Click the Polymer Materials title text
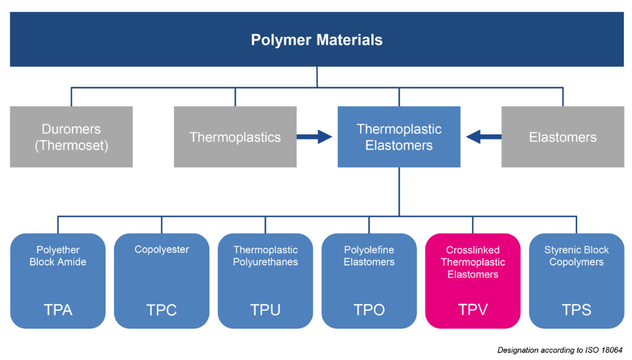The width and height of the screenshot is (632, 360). (316, 40)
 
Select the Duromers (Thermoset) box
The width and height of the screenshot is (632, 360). (71, 137)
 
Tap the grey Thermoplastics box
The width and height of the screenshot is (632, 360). (235, 137)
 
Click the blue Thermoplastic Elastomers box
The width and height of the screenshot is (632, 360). (399, 137)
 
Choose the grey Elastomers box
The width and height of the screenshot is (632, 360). (563, 137)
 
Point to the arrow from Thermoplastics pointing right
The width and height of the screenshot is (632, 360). (314, 136)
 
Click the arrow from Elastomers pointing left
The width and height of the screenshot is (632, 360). (483, 136)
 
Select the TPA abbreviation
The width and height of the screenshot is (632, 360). (58, 310)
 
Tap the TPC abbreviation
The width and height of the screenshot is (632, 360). (161, 310)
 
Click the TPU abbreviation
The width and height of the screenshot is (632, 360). (265, 310)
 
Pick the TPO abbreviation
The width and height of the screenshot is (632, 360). (369, 310)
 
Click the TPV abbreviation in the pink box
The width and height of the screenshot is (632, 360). (473, 310)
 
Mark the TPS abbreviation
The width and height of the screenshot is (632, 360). (577, 310)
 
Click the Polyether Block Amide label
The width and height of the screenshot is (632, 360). (58, 256)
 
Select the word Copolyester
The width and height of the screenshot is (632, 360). (161, 250)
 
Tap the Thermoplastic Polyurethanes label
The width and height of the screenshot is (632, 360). (265, 256)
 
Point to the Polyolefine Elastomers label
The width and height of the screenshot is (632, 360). (369, 256)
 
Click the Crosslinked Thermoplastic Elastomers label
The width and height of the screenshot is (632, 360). (473, 262)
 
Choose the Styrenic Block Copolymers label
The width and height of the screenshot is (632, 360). (577, 256)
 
